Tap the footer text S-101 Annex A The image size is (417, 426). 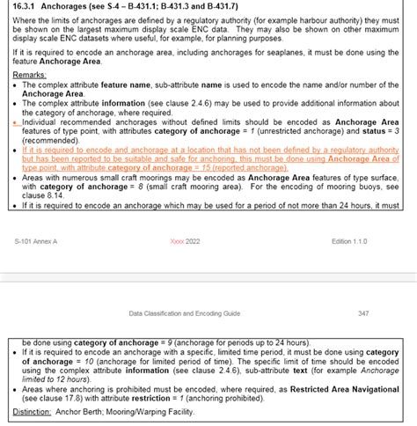pos(36,240)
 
